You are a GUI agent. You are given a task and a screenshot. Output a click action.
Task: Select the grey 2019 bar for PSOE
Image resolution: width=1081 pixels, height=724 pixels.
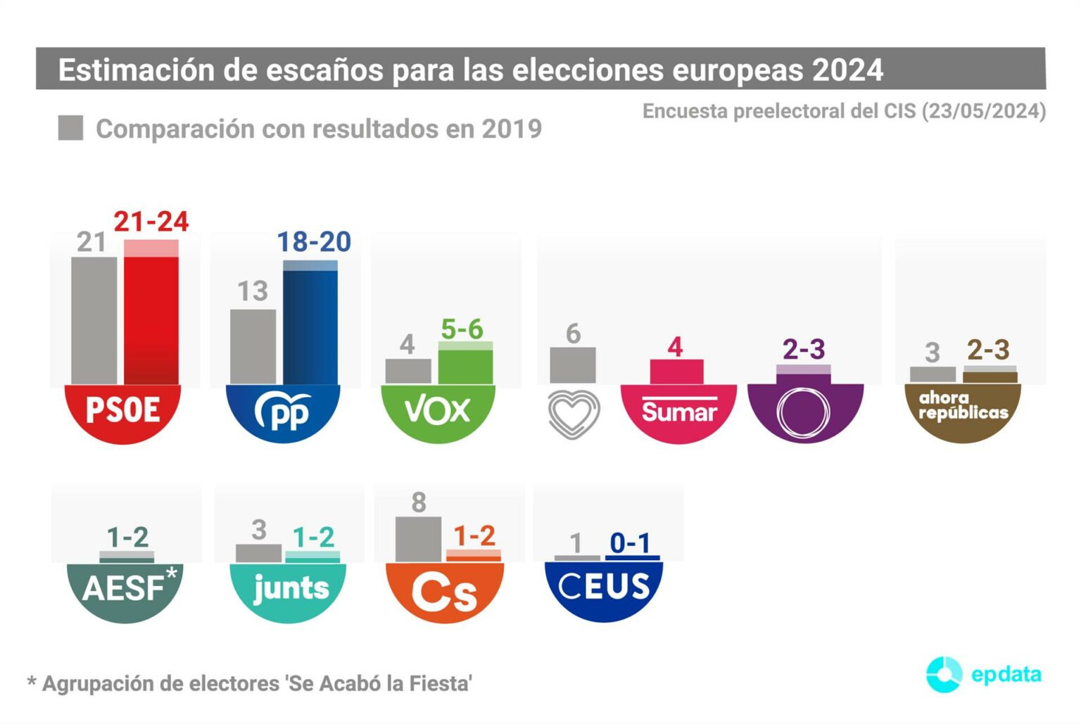pyautogui.click(x=94, y=320)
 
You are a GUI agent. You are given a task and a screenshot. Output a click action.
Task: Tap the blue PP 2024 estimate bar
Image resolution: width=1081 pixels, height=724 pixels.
pyautogui.click(x=310, y=324)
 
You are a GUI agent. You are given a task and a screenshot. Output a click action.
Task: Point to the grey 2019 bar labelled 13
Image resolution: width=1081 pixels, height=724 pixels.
pyautogui.click(x=253, y=346)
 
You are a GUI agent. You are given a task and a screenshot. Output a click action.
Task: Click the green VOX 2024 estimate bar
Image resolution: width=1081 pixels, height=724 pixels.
pyautogui.click(x=465, y=364)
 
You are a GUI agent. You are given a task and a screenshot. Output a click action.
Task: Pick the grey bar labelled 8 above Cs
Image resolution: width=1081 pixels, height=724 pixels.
pyautogui.click(x=419, y=539)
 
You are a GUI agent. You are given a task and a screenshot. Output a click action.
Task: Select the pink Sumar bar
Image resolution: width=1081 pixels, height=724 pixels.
pyautogui.click(x=676, y=371)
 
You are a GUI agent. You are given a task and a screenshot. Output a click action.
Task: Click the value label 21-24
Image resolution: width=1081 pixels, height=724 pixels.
pyautogui.click(x=151, y=222)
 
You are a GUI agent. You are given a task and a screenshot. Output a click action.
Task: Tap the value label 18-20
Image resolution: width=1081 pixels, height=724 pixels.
pyautogui.click(x=314, y=242)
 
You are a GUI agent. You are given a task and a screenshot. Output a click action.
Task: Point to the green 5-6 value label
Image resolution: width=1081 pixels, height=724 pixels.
pyautogui.click(x=462, y=329)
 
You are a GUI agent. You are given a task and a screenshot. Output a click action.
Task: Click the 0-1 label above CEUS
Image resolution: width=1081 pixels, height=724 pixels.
pyautogui.click(x=630, y=542)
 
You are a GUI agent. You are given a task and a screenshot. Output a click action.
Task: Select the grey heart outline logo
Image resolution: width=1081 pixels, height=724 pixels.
pyautogui.click(x=574, y=414)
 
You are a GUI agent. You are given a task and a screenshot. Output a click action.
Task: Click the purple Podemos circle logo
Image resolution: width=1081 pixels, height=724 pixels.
pyautogui.click(x=804, y=413)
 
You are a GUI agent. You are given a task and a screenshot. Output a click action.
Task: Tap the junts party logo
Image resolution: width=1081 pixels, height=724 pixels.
pyautogui.click(x=289, y=589)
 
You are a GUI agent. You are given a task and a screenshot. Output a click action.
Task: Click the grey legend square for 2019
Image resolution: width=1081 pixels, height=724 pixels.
pyautogui.click(x=70, y=128)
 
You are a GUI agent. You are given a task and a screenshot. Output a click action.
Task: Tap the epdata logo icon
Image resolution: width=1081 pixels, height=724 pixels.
pyautogui.click(x=944, y=674)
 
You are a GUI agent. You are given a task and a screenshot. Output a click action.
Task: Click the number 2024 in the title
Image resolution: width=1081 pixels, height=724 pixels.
pyautogui.click(x=847, y=70)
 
